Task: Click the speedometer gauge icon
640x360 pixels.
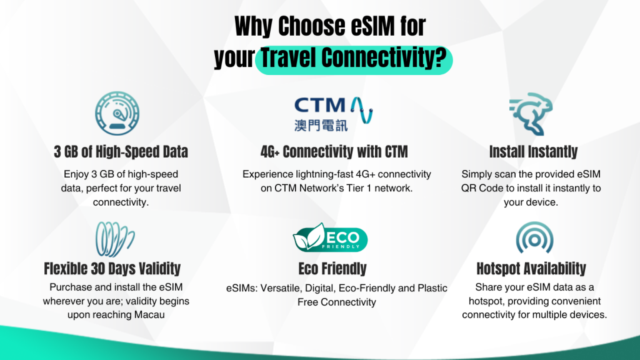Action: point(117,114)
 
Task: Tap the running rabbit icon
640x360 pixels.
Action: point(531,114)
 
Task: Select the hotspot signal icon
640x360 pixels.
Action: point(534,237)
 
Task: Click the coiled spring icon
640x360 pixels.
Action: point(115,239)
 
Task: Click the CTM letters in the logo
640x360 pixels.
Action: point(320,105)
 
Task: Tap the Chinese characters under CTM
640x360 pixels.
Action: point(321,125)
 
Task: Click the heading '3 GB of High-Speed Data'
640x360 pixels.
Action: point(121,152)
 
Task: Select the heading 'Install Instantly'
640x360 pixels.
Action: point(533,152)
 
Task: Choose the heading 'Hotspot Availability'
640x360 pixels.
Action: point(531,269)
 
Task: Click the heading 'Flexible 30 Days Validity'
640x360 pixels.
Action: point(112,269)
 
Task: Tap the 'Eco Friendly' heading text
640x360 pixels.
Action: point(332,269)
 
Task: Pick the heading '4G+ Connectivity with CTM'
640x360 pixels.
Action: point(334,152)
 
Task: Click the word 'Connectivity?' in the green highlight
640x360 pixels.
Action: point(384,58)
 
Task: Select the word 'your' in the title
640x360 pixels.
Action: point(234,59)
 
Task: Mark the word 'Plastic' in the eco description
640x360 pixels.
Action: point(432,288)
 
